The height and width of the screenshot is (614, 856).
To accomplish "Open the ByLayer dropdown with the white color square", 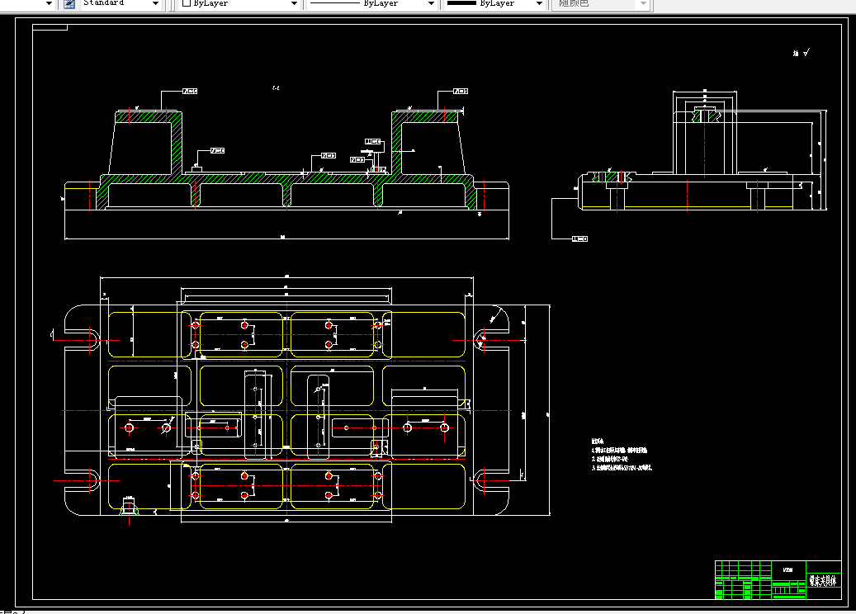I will (239, 3).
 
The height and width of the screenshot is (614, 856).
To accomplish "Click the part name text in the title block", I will (822, 580).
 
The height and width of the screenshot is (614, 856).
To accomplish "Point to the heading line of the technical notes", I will (598, 441).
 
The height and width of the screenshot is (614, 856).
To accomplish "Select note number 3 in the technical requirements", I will (623, 468).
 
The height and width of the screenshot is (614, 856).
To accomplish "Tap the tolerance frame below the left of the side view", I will (579, 239).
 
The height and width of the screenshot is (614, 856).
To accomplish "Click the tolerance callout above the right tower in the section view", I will (460, 91).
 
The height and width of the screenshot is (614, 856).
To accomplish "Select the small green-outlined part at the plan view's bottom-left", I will (129, 505).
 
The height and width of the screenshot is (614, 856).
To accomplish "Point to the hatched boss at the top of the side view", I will (702, 115).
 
